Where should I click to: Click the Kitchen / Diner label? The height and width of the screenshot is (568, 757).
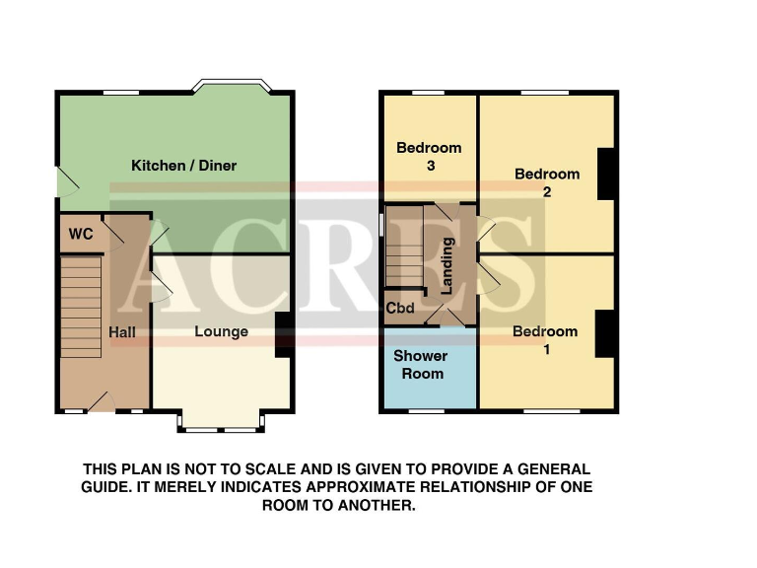click(184, 166)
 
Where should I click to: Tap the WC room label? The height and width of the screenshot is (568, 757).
click(81, 235)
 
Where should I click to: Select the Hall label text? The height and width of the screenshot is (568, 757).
click(122, 333)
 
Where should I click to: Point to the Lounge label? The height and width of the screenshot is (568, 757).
click(221, 332)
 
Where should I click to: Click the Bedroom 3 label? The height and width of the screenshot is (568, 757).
click(429, 157)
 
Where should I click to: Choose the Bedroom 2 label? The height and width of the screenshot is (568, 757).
click(547, 182)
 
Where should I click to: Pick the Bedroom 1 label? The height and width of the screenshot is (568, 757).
click(545, 340)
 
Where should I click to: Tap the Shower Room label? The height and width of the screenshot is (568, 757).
click(421, 364)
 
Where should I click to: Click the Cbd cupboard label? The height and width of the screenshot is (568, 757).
click(400, 308)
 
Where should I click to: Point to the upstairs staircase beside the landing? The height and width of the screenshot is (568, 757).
click(403, 252)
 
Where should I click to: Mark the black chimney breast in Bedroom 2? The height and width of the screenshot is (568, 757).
click(606, 174)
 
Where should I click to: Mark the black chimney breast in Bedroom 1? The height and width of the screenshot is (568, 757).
click(605, 333)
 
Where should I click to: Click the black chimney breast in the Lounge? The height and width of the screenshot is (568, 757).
click(283, 335)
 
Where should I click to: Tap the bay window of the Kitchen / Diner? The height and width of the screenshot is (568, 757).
click(229, 87)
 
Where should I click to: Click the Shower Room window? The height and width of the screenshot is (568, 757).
click(428, 409)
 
